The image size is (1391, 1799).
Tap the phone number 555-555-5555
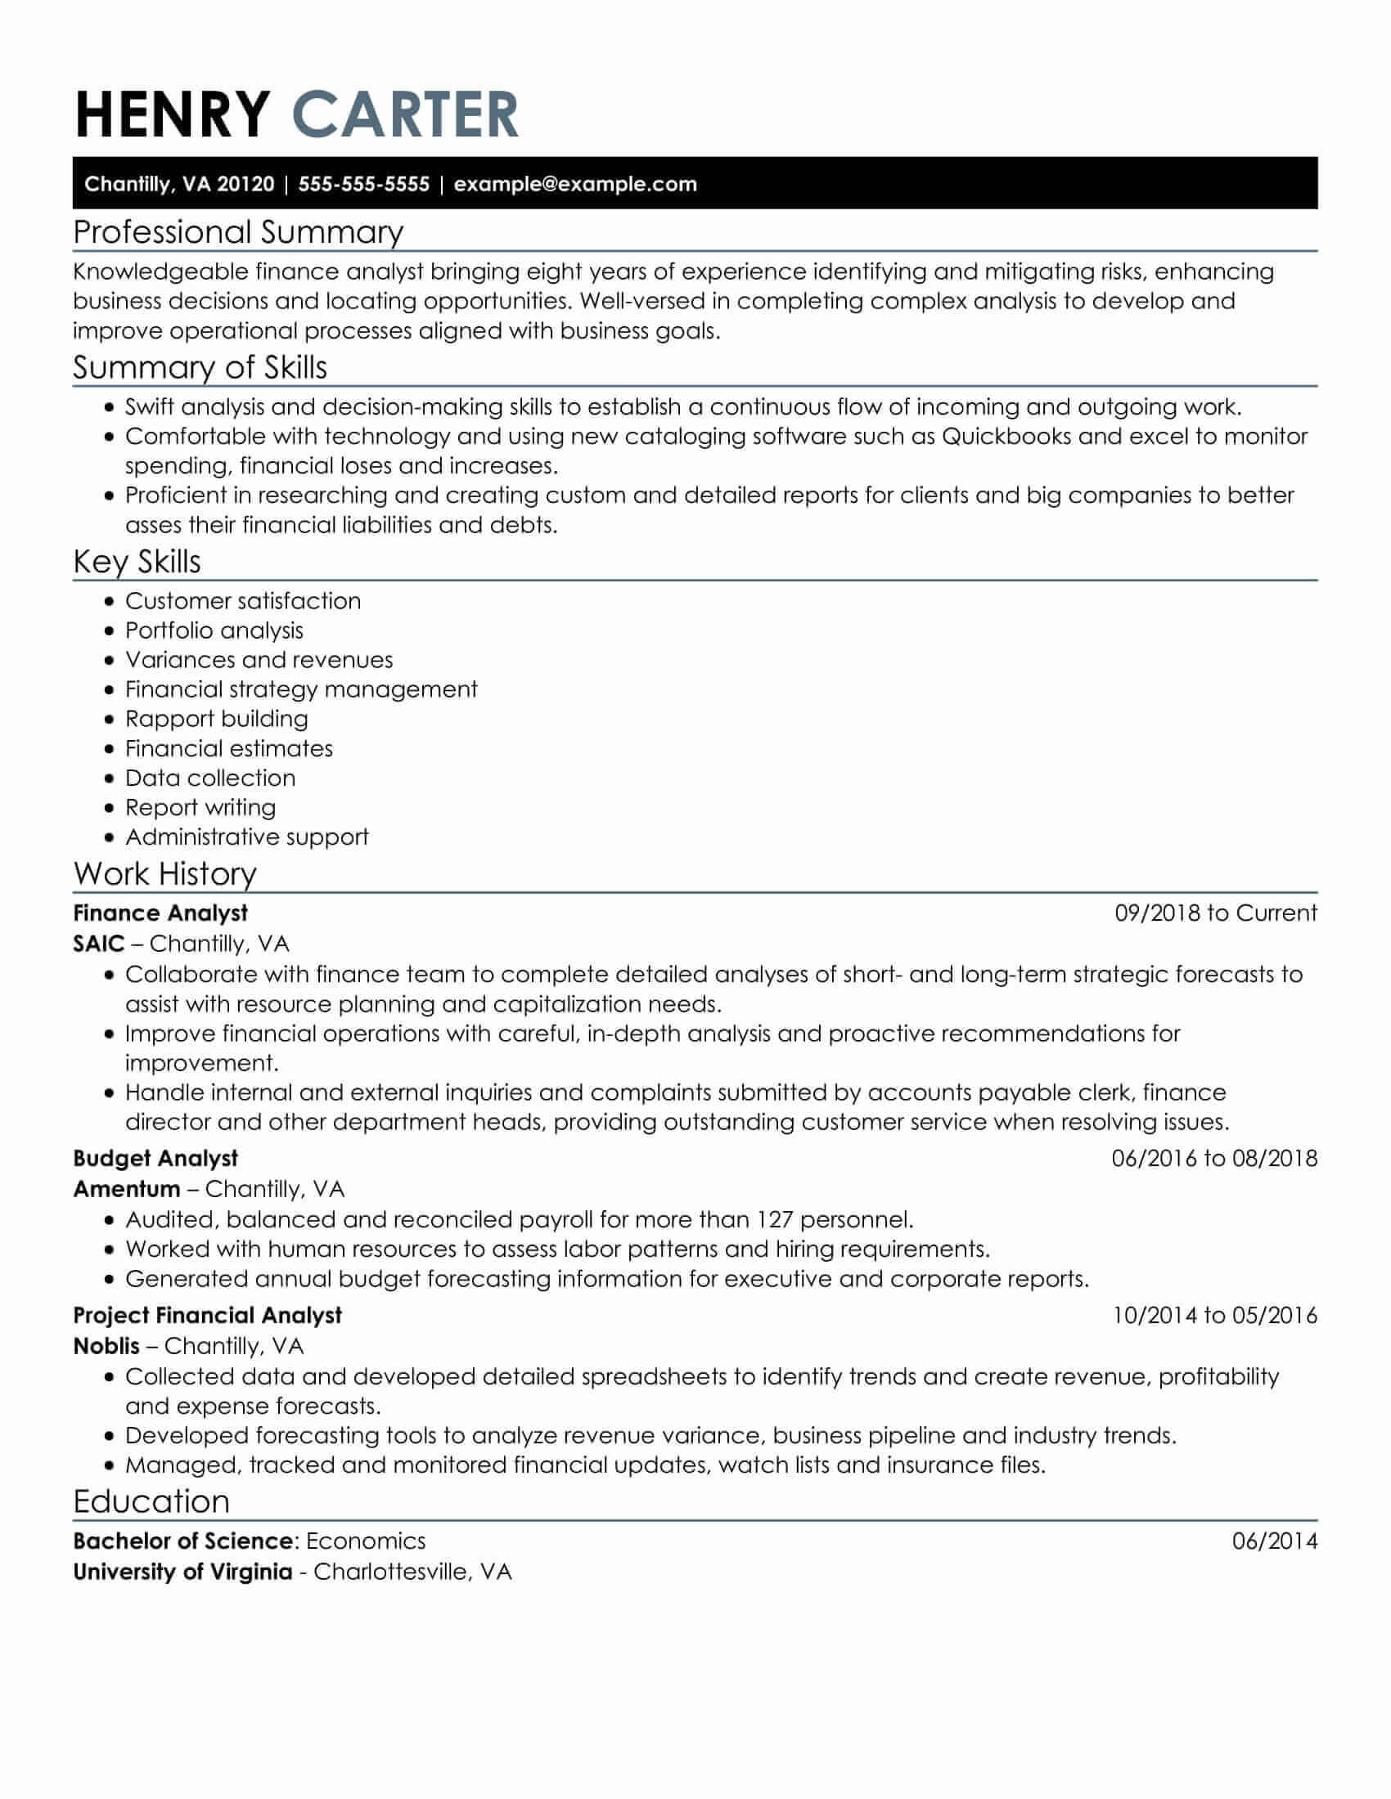[x=363, y=184]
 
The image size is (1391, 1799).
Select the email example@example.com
[x=575, y=184]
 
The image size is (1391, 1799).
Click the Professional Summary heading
[x=238, y=232]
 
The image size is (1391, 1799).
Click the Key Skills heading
[x=137, y=562]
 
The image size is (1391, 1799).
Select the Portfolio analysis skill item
[x=214, y=630]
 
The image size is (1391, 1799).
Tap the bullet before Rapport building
[x=110, y=720]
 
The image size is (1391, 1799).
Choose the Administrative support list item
[x=246, y=837]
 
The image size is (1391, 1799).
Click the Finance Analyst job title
[x=160, y=913]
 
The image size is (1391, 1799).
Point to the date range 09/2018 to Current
[x=1215, y=913]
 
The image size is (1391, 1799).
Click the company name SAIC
[x=99, y=943]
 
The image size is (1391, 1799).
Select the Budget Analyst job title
[x=155, y=1158]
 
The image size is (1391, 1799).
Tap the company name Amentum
[x=126, y=1189]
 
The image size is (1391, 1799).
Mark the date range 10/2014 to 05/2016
[x=1214, y=1315]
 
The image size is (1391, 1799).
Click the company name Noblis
[x=106, y=1346]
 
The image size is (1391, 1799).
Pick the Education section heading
[x=151, y=1501]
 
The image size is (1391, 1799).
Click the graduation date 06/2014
[x=1274, y=1541]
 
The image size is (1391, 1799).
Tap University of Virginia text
[x=183, y=1572]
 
